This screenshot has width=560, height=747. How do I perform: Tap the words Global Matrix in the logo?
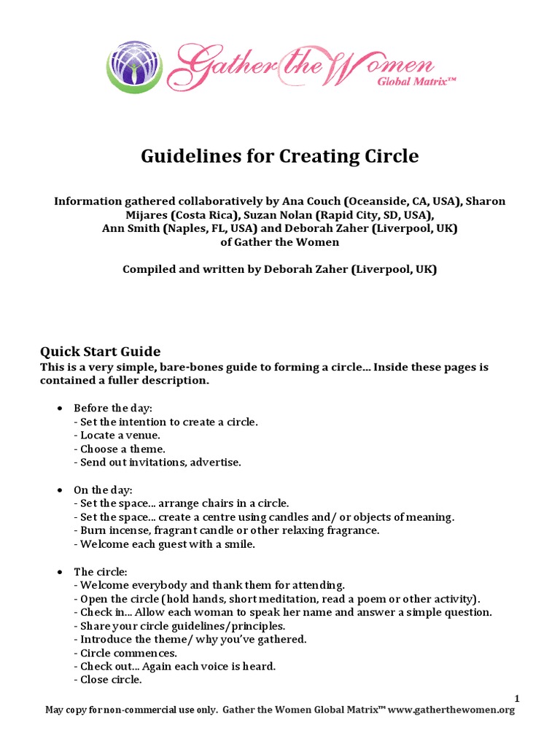(x=416, y=82)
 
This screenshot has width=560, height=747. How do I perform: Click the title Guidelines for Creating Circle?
(x=279, y=156)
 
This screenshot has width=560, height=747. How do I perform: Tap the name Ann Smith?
(x=132, y=228)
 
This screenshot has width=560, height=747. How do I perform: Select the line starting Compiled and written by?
(x=279, y=269)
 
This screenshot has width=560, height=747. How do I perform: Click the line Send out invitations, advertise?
(x=157, y=462)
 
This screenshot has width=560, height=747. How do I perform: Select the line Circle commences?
(x=125, y=653)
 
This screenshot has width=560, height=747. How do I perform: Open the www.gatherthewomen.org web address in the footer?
(x=451, y=710)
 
